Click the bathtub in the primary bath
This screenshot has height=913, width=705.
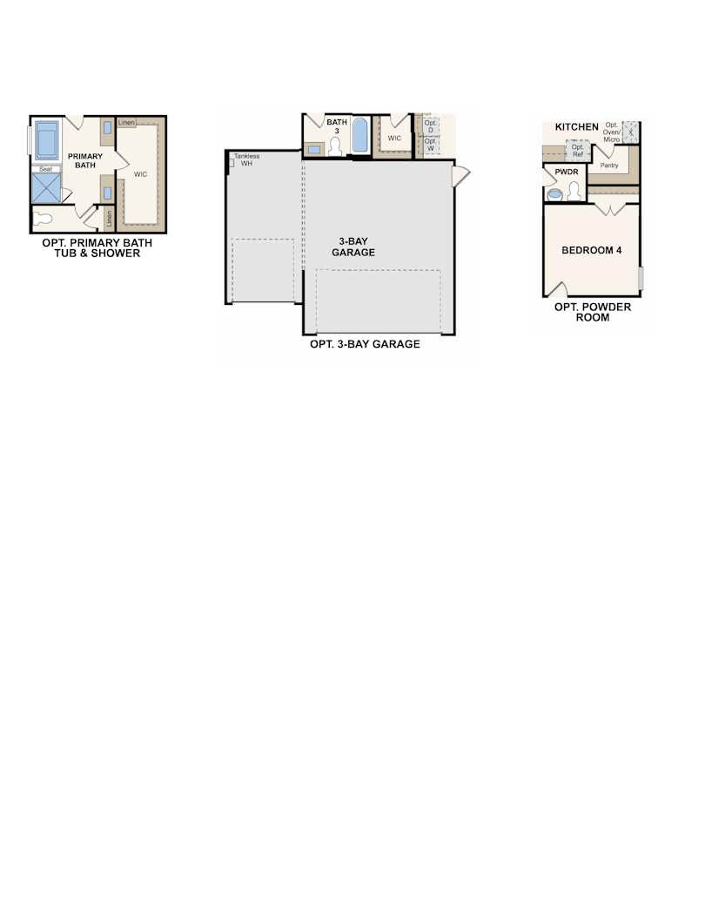[47, 139]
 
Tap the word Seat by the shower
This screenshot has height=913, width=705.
[44, 169]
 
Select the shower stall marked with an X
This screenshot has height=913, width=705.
[46, 187]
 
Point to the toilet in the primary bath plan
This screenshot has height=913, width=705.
[47, 220]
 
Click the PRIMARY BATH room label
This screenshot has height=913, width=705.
[85, 160]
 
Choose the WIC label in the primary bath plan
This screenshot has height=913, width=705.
[140, 174]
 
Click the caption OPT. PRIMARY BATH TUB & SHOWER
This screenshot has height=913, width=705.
[97, 248]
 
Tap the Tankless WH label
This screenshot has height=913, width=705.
[246, 159]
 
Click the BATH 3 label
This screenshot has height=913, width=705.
[337, 126]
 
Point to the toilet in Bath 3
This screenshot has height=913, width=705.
[336, 147]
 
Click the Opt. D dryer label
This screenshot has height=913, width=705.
[430, 127]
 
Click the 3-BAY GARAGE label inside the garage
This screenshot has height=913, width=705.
[353, 247]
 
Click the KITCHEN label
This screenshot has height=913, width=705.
[577, 127]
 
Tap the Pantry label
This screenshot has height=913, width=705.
[609, 165]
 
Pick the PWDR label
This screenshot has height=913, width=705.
[567, 172]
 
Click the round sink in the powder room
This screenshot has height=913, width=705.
[555, 194]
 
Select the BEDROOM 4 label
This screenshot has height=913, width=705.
[592, 251]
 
